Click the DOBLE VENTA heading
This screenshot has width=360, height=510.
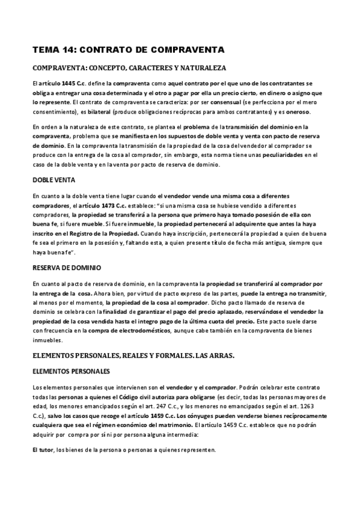coord(54,180)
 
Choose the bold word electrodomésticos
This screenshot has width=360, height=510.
coord(139,331)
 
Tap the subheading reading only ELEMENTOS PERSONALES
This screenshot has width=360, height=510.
coord(71,371)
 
